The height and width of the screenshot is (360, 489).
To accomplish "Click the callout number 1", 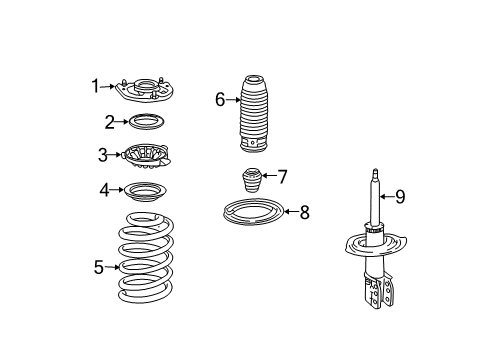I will [x=96, y=87].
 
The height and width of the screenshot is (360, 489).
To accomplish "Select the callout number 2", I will [x=109, y=122].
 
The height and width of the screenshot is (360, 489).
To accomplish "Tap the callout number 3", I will [x=102, y=154].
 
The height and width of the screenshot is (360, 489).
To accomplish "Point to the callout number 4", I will [x=104, y=189].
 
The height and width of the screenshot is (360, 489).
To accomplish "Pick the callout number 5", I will [x=99, y=266].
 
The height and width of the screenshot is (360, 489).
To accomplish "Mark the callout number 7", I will [x=282, y=177].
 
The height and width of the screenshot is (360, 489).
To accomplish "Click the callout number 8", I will [x=304, y=211].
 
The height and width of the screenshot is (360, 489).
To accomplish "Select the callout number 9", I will [x=399, y=197].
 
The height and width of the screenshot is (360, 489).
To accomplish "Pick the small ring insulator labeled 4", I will [x=146, y=190].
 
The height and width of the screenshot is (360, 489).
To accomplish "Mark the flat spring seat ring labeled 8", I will [x=253, y=213].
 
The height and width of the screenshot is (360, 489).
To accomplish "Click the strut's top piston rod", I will [x=376, y=200].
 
